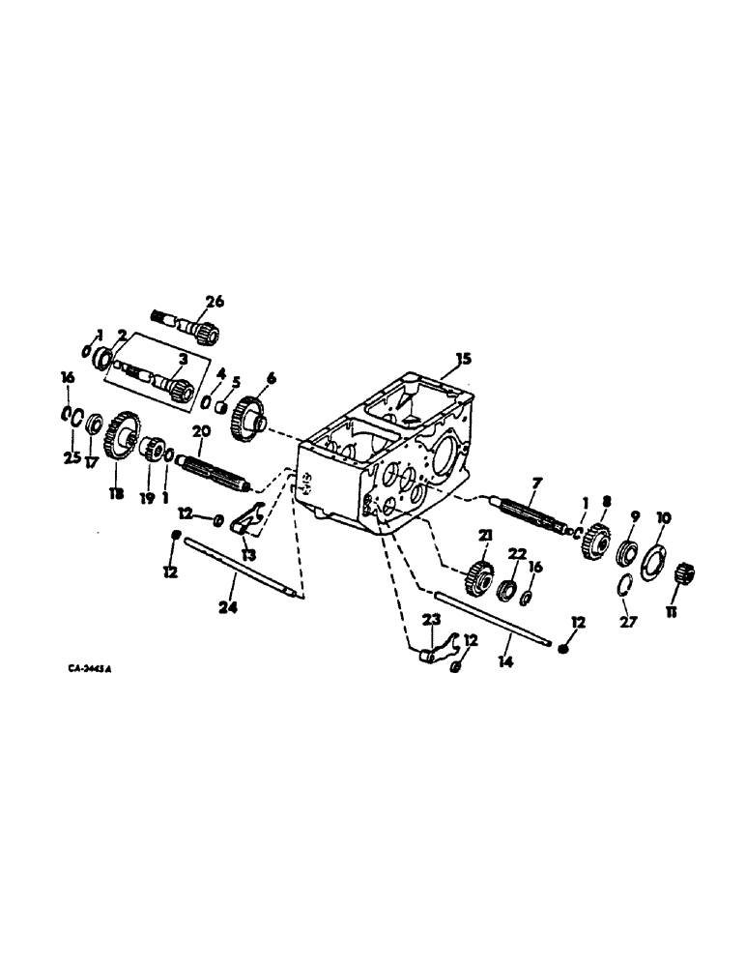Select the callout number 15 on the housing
pos(464,359)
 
